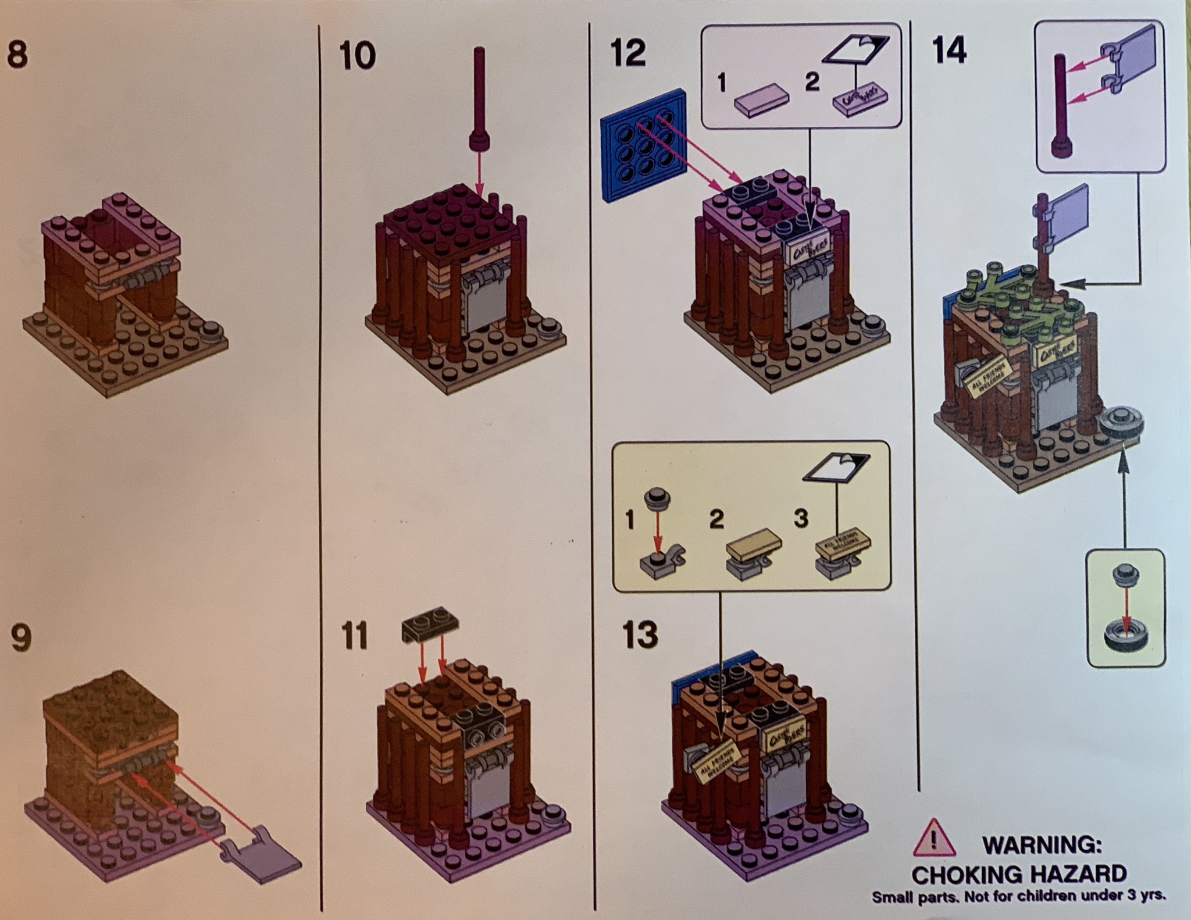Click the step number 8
point(17,56)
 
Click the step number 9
point(21,638)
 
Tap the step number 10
point(357,56)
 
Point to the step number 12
point(629,54)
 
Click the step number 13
point(640,634)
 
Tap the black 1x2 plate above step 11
point(430,628)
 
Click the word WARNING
point(1042,844)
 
